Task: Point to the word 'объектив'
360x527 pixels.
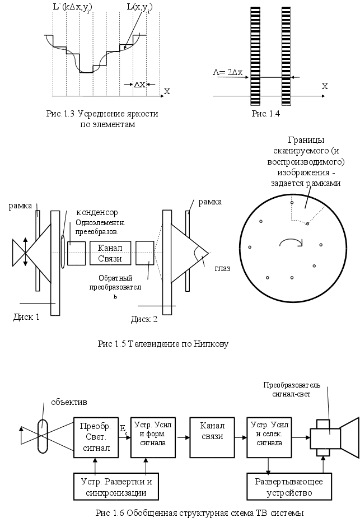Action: (68, 402)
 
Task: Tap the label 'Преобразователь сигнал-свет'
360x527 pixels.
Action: (292, 390)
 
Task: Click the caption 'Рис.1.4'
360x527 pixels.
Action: (265, 114)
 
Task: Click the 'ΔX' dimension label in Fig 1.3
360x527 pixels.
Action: (139, 85)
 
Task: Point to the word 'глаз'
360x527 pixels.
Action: (222, 268)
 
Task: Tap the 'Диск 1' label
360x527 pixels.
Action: (26, 318)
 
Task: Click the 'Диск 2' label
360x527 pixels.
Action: (144, 320)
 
